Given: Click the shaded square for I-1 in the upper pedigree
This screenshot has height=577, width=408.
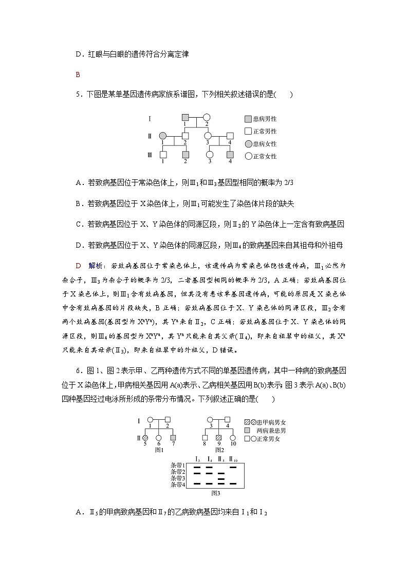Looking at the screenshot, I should tap(186, 117).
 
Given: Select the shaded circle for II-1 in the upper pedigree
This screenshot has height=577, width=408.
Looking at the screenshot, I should tap(163, 136).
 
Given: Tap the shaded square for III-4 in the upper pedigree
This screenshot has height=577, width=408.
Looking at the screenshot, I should tap(230, 154).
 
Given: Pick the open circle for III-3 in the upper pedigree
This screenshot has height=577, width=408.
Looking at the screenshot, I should tap(209, 154).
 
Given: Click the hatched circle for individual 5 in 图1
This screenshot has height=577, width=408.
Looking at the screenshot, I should tap(145, 437).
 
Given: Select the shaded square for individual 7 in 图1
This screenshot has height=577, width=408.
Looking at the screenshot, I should tap(173, 437).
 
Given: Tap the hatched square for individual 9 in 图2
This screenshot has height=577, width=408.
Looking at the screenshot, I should tap(218, 437).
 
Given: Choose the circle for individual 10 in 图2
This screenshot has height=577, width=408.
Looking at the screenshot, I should tap(233, 437).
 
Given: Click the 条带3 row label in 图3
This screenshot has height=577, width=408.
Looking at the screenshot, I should tap(177, 478).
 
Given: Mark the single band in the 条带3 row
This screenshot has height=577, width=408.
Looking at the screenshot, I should tap(221, 478).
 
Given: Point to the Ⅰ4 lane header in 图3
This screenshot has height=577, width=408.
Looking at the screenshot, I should tap(209, 459).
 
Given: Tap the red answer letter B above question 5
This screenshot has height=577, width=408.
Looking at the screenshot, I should tap(78, 75).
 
